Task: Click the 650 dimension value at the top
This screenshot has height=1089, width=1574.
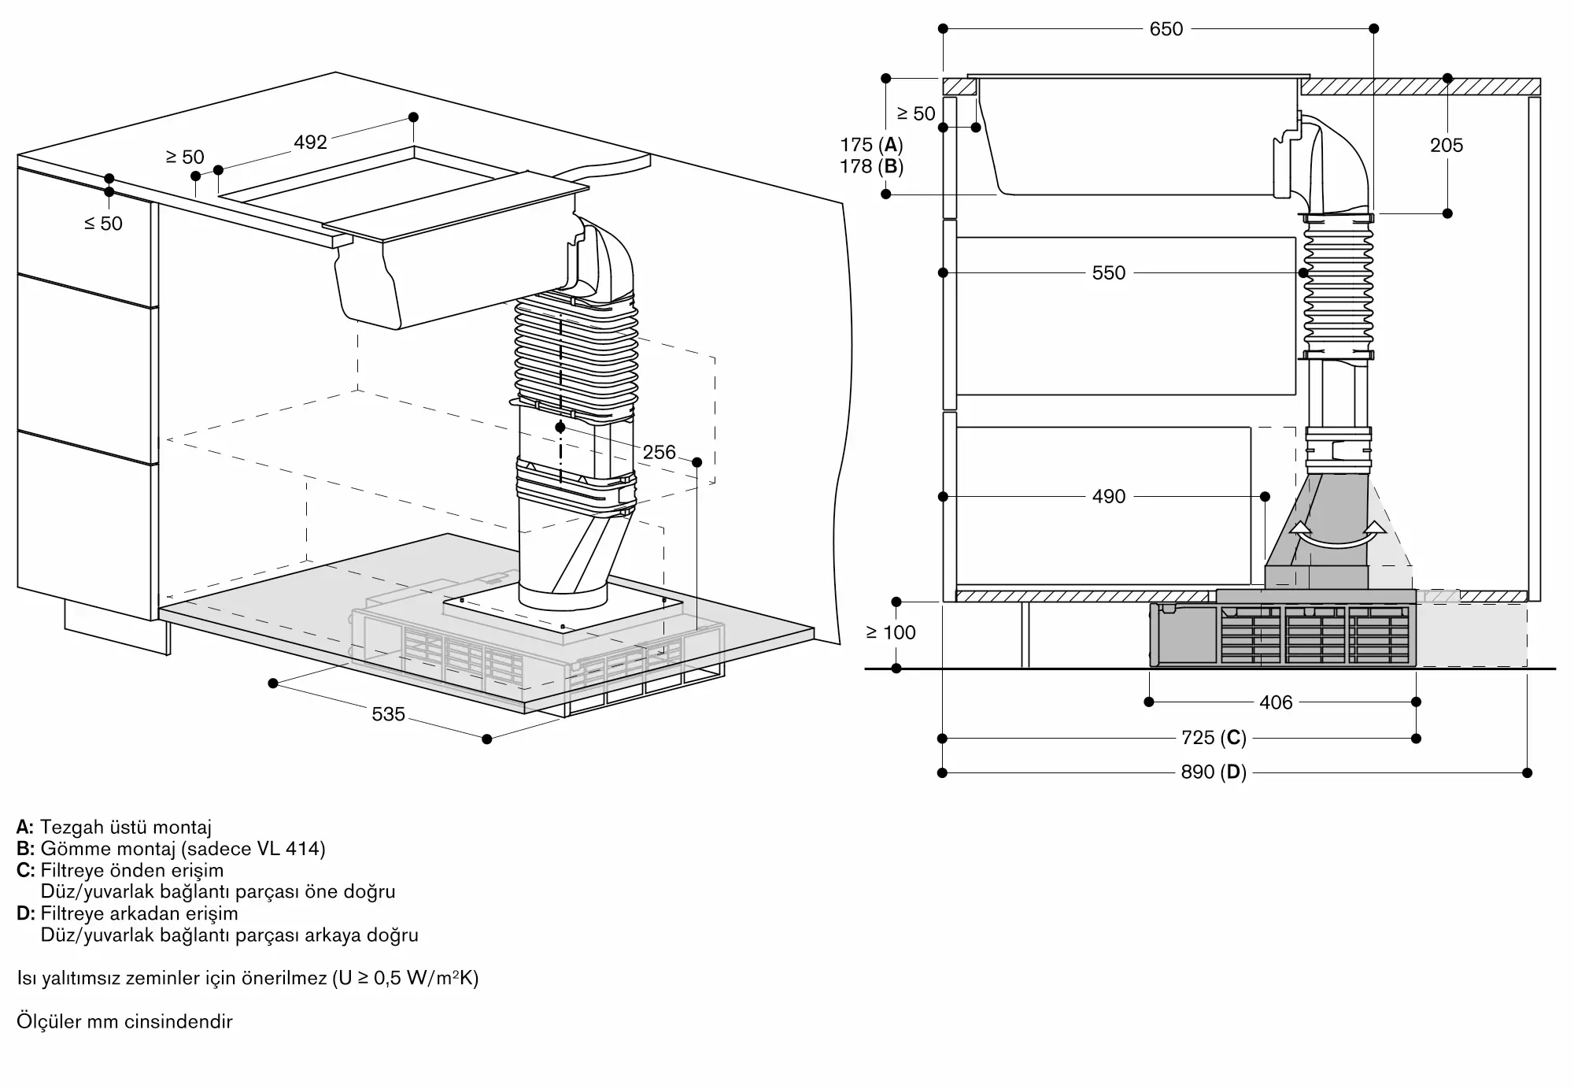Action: point(1166,29)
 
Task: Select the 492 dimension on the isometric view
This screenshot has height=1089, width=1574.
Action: point(310,143)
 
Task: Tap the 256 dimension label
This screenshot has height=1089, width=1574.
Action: point(659,452)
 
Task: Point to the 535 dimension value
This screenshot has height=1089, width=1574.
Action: point(388,714)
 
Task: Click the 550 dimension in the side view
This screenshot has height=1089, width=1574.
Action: point(1108,273)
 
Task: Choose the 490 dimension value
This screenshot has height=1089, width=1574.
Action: point(1108,497)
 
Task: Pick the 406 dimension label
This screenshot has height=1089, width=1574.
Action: point(1276,702)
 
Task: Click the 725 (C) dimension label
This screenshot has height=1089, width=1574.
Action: point(1214,738)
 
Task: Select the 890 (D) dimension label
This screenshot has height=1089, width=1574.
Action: point(1214,772)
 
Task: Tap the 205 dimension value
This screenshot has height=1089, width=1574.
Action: point(1447,146)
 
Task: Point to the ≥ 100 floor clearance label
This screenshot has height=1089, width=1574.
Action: point(891,632)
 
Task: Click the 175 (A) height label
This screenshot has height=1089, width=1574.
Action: point(871,145)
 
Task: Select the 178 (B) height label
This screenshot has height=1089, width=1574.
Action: point(871,167)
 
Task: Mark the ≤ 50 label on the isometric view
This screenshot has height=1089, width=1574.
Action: point(104,224)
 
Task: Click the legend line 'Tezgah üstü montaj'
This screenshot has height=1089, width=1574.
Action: point(126,827)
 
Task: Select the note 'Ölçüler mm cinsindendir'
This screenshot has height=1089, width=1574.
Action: point(124,1021)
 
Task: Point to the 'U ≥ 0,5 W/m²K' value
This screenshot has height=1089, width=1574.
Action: point(405,978)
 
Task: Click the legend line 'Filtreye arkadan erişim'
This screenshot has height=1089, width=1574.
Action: point(139,913)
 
